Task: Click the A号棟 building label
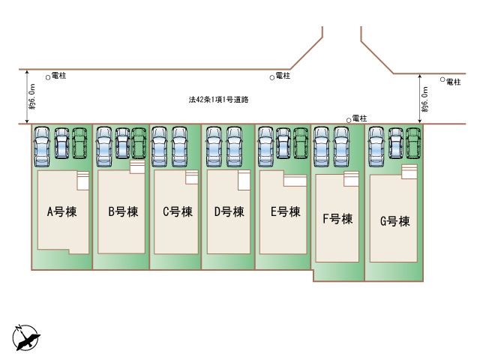click(61, 211)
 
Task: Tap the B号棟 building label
click(123, 211)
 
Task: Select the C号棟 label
click(178, 211)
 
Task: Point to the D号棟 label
click(229, 211)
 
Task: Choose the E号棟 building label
click(285, 211)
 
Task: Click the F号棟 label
click(337, 219)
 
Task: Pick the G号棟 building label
click(395, 221)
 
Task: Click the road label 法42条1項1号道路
click(218, 100)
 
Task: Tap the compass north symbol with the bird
click(26, 338)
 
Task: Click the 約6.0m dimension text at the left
click(32, 97)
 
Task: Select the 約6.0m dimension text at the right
click(424, 100)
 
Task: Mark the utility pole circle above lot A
click(48, 78)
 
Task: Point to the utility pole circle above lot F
click(348, 121)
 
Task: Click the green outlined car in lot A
click(79, 143)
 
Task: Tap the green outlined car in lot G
click(413, 143)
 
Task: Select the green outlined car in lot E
click(301, 143)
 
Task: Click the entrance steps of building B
click(137, 166)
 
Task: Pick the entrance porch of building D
click(244, 180)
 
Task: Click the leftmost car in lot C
click(159, 147)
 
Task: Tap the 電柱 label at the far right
click(453, 82)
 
